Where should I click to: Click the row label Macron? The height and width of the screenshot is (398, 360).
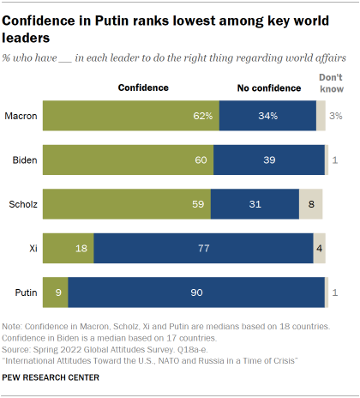point(21,115)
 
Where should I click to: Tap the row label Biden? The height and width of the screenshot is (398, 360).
point(23,160)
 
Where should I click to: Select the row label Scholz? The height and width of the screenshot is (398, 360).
point(21,204)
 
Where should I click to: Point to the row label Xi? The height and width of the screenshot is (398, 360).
point(32,248)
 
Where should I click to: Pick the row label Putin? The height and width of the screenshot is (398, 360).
point(25,292)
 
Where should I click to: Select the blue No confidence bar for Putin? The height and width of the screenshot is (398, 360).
point(196,292)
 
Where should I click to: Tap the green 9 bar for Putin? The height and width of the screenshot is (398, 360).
point(55,292)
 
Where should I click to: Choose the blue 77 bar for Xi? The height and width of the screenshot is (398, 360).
point(203,248)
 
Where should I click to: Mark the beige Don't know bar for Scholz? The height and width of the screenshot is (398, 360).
point(310,204)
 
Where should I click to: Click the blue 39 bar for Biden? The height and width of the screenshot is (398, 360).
point(269,160)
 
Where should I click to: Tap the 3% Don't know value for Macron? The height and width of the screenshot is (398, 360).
point(337,116)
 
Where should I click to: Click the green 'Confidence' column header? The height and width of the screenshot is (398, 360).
point(142,87)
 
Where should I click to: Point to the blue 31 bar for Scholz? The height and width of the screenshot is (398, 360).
point(254,204)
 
